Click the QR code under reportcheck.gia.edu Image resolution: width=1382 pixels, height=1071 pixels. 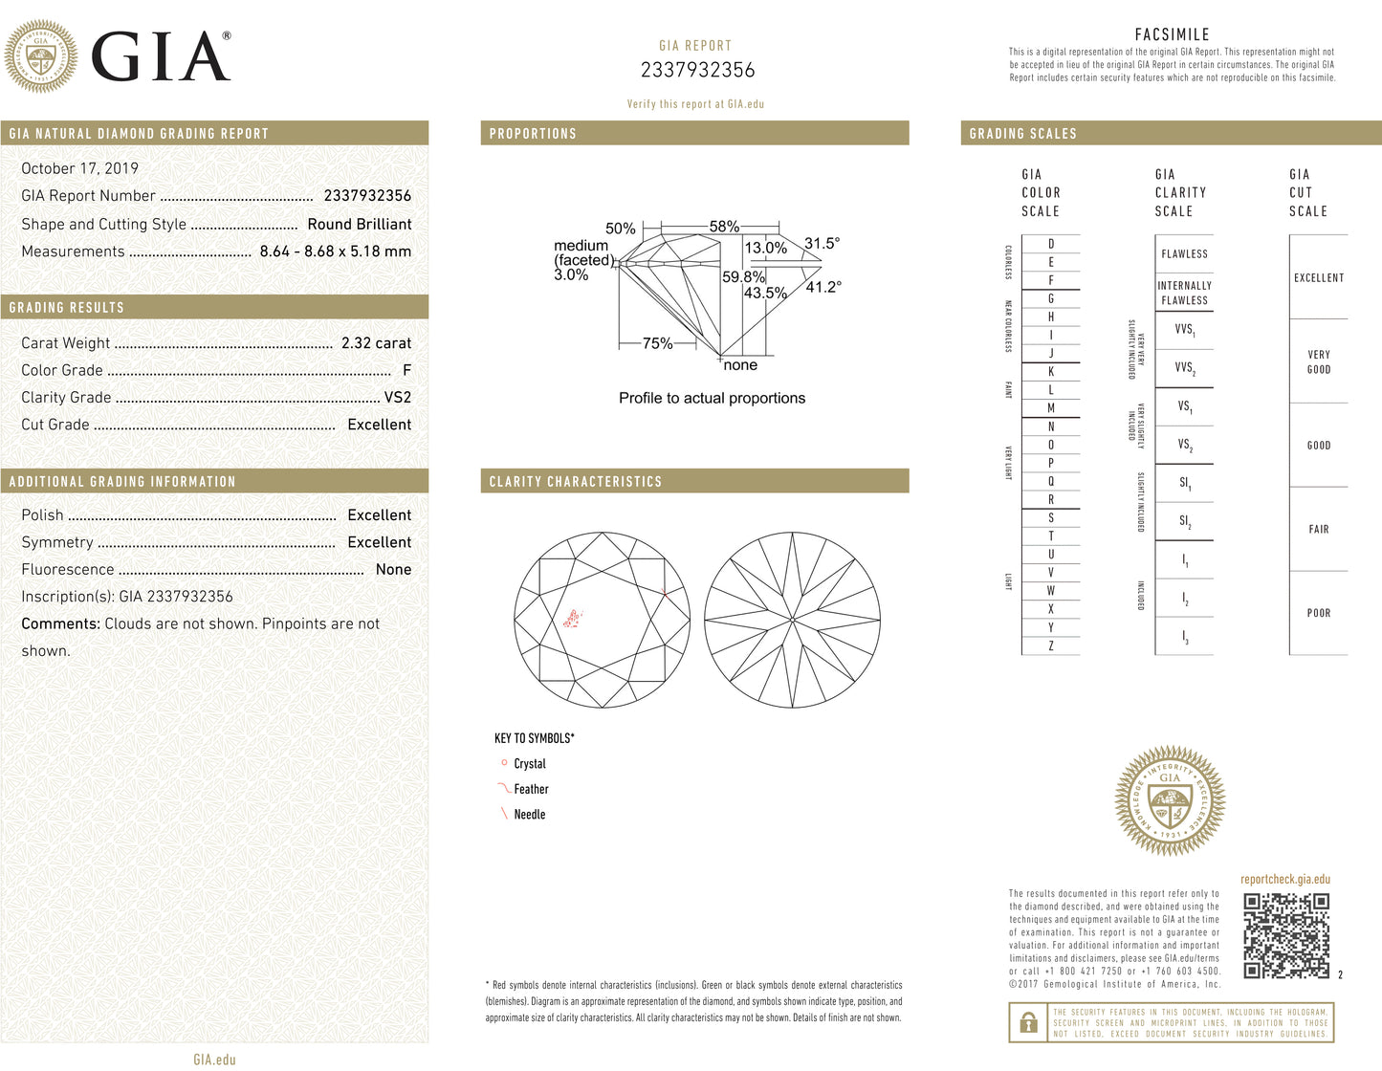(x=1286, y=935)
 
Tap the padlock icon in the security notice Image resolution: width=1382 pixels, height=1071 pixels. (x=1028, y=1022)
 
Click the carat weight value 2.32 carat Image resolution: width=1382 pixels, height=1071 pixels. (x=376, y=343)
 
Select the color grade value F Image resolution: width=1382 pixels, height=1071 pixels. (x=406, y=370)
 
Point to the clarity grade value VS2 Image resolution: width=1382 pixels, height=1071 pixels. (x=397, y=397)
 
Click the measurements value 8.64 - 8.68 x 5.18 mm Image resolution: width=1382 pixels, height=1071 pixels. (x=335, y=251)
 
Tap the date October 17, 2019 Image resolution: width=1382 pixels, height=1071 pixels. (x=79, y=168)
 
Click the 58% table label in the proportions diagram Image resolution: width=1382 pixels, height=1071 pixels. (x=724, y=227)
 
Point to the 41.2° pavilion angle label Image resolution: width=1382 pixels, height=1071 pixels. (x=823, y=287)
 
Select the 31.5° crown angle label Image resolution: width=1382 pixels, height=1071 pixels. (x=822, y=243)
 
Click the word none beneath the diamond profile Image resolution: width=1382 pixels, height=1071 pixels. (x=740, y=365)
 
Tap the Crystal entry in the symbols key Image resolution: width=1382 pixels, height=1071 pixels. (x=529, y=763)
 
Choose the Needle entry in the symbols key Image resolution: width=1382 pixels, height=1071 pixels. (x=529, y=814)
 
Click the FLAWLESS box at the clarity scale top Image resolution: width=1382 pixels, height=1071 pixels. (x=1184, y=253)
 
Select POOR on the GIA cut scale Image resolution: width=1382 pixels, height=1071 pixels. (x=1318, y=613)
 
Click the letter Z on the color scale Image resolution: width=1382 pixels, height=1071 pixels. (x=1050, y=645)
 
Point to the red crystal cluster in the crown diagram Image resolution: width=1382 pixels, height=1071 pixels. (x=573, y=619)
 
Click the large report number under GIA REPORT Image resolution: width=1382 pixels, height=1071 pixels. (x=697, y=70)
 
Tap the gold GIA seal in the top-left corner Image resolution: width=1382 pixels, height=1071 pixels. (x=41, y=56)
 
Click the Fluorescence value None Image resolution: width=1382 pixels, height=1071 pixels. (x=393, y=569)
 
